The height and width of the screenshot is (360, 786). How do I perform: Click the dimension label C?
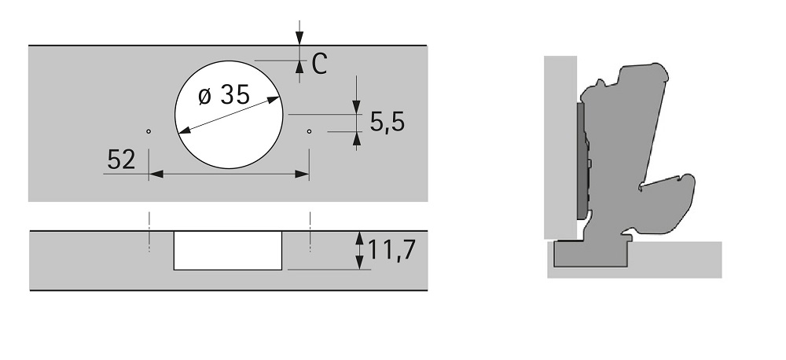click(319, 64)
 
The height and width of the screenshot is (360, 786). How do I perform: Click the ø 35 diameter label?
click(224, 94)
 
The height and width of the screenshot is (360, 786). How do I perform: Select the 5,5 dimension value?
click(387, 122)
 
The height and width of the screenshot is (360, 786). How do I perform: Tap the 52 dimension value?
click(121, 160)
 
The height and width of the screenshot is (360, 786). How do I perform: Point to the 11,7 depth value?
click(391, 250)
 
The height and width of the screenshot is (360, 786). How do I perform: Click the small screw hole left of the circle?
click(149, 131)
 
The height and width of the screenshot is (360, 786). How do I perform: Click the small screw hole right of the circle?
click(309, 131)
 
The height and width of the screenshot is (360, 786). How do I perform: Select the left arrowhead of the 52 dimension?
click(156, 174)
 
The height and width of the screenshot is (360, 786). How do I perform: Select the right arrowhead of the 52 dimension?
click(302, 174)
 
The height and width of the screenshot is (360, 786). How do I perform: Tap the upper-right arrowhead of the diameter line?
click(274, 100)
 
